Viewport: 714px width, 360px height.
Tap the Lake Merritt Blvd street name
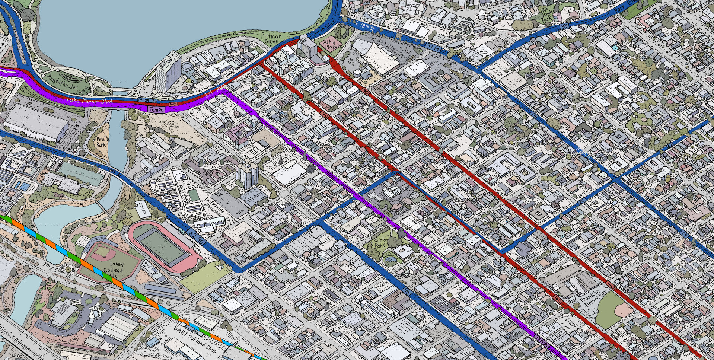pos(89,101)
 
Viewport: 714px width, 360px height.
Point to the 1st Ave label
pos(214,92)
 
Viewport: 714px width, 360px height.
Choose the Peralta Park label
pos(101,141)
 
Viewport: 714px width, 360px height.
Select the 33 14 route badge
pos(434,47)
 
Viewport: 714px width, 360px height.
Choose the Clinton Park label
pos(380,243)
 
